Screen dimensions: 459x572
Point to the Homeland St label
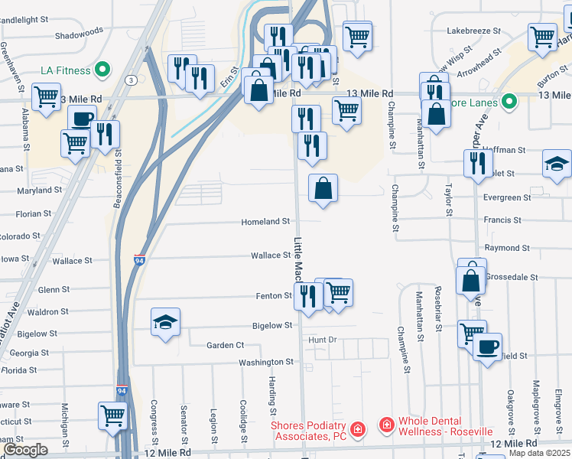click(265, 221)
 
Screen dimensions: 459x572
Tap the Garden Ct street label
click(225, 346)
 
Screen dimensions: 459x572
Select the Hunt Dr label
click(322, 339)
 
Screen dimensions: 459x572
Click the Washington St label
click(266, 362)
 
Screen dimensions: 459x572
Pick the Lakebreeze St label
click(473, 31)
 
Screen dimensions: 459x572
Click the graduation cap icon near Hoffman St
click(557, 163)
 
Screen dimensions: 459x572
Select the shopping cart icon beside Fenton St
click(338, 291)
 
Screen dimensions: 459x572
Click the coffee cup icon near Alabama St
click(82, 119)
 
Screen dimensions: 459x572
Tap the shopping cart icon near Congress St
click(112, 415)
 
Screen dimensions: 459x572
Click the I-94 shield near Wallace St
click(139, 260)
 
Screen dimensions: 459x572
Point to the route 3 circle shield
click(132, 80)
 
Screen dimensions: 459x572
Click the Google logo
click(25, 450)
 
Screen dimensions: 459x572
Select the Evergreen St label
click(507, 197)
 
